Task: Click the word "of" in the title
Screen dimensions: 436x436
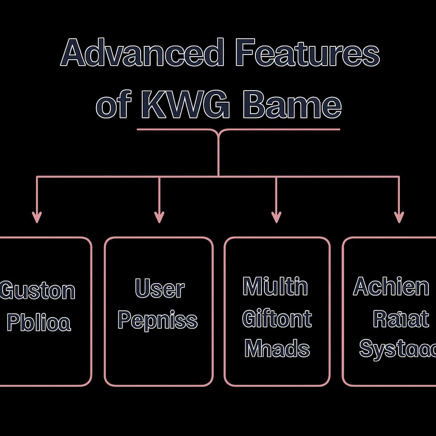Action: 112,106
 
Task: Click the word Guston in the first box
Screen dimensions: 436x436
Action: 37,291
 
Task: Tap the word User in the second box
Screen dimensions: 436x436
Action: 160,289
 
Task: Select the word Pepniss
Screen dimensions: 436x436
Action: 158,321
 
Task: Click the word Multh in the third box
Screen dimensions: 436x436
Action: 275,287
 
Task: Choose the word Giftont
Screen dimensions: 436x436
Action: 277,318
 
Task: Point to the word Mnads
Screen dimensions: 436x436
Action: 277,349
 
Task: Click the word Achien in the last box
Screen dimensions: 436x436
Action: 391,287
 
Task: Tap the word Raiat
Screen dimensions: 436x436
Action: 401,319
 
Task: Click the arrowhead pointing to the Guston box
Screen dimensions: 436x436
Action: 37,217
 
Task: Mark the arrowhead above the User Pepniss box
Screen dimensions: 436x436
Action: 159,217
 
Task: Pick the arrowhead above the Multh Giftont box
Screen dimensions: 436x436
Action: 276,217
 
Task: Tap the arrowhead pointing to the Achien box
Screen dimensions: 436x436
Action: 399,217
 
